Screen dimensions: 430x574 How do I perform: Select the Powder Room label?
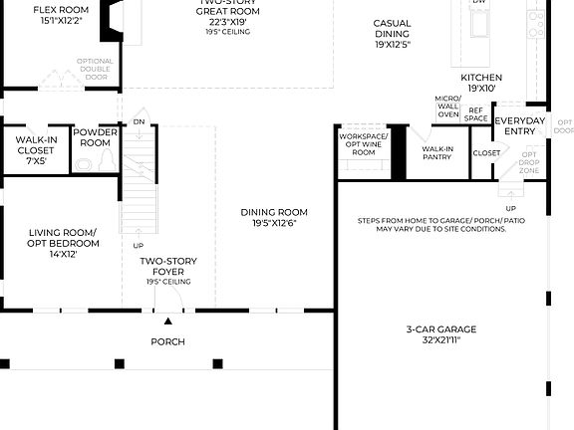tap(95, 137)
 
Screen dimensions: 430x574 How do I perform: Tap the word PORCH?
tap(167, 341)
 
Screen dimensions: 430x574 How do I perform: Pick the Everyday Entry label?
tap(520, 126)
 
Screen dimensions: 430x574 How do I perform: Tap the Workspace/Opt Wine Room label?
tap(363, 143)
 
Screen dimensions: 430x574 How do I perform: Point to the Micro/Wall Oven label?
tap(447, 107)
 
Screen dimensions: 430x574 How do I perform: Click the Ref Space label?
tap(477, 114)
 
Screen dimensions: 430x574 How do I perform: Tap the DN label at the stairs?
tap(140, 122)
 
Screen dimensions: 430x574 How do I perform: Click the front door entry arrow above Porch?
tap(167, 321)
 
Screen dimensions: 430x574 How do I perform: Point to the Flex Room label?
tap(61, 14)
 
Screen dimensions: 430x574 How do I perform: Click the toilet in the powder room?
tap(83, 162)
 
